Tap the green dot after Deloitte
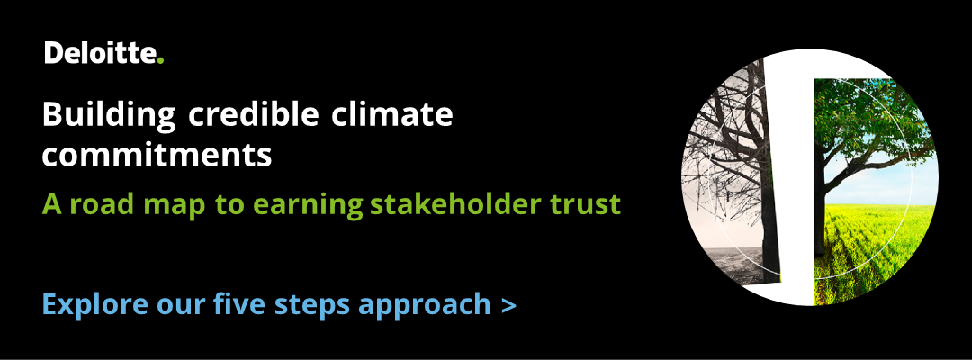(x=160, y=60)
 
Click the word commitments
(x=157, y=156)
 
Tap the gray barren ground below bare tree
(x=729, y=261)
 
